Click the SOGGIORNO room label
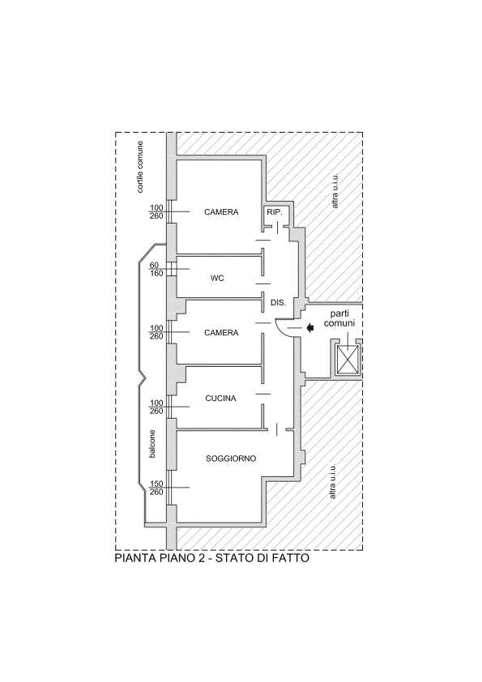(x=231, y=458)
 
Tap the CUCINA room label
(x=220, y=398)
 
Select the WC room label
(x=217, y=278)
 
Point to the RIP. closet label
(x=275, y=213)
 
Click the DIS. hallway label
(x=279, y=302)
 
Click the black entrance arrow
(x=310, y=328)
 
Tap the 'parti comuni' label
(x=343, y=318)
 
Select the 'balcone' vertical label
(x=152, y=444)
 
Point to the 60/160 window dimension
(x=156, y=269)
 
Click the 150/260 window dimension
(x=156, y=488)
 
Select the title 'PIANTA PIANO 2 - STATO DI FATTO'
(x=212, y=558)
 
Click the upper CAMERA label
(x=221, y=212)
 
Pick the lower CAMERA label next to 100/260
(x=221, y=333)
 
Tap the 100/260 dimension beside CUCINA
(x=156, y=407)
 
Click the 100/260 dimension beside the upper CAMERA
(x=156, y=212)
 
